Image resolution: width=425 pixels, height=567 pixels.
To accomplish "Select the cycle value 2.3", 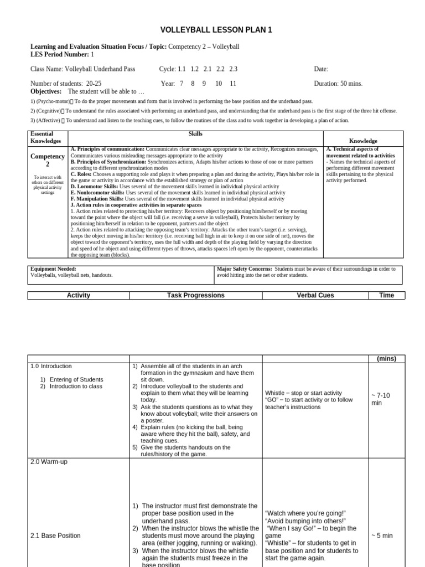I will [x=233, y=69].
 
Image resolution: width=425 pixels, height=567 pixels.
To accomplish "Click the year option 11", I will [x=233, y=84].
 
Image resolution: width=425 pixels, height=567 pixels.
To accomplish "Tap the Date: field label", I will [x=320, y=69].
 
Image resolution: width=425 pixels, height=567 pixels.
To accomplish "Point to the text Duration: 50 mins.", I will [x=338, y=84].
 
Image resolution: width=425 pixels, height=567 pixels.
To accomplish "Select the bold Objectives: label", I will [x=46, y=91].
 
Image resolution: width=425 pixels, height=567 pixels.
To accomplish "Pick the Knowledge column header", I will [x=363, y=141].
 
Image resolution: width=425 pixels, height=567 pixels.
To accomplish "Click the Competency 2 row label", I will [x=48, y=161].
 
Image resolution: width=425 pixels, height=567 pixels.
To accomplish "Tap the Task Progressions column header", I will [x=196, y=296].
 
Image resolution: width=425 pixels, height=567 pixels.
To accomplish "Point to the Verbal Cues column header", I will [x=315, y=296].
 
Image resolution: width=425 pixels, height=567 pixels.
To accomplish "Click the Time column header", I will [x=386, y=296].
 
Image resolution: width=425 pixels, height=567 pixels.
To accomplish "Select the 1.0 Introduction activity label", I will [x=51, y=367].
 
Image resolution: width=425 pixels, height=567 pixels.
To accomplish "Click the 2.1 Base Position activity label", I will [x=55, y=536].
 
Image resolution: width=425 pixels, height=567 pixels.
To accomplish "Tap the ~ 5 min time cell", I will [x=382, y=536].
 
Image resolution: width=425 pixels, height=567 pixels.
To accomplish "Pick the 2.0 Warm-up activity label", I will [x=49, y=462].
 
